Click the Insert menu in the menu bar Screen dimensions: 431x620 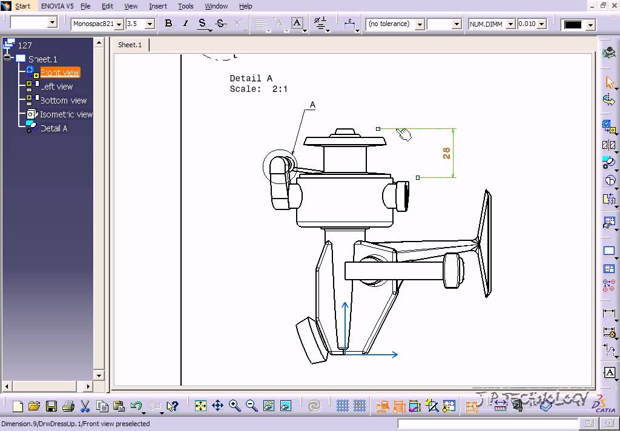[158, 6]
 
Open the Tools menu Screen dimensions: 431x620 [186, 6]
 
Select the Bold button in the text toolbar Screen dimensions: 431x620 [168, 24]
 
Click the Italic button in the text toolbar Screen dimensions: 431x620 [185, 24]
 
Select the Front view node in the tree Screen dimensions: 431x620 [60, 73]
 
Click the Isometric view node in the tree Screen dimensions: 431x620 [66, 114]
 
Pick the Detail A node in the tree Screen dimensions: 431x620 [54, 128]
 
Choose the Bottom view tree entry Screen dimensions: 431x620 [63, 100]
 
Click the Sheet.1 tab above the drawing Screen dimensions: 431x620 [130, 45]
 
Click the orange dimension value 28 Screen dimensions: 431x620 [447, 153]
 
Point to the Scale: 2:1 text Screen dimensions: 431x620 [259, 89]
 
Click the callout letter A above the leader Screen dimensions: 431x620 [313, 105]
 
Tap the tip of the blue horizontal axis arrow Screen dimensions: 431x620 [396, 355]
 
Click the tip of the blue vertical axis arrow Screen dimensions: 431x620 [345, 304]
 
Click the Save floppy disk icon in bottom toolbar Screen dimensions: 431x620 [51, 406]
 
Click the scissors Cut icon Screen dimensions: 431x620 [85, 406]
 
